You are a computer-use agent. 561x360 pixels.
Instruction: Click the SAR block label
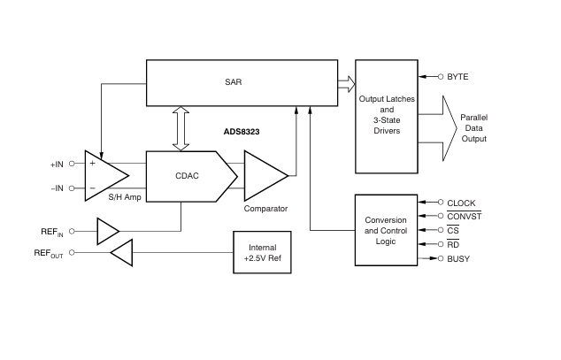click(234, 82)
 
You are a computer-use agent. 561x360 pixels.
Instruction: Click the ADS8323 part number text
click(242, 132)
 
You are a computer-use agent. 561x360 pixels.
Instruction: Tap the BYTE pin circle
click(441, 76)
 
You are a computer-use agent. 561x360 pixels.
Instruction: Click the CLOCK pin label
click(461, 203)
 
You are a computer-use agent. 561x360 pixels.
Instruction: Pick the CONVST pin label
click(464, 217)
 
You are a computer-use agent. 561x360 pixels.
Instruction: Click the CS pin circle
click(441, 230)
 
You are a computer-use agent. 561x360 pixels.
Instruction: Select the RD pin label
click(453, 244)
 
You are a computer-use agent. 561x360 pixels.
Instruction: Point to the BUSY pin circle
click(441, 258)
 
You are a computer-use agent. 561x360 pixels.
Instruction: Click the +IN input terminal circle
click(72, 164)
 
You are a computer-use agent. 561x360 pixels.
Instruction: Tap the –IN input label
click(58, 188)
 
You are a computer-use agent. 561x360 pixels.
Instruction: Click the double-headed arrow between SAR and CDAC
click(181, 128)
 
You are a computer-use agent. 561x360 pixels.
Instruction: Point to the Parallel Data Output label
click(473, 128)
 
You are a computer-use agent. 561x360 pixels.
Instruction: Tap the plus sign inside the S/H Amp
click(92, 163)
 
